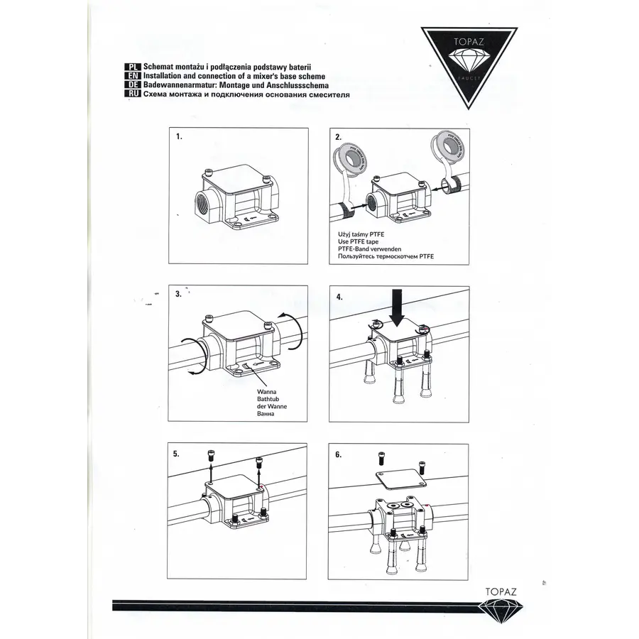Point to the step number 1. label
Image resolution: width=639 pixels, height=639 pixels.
click(x=180, y=136)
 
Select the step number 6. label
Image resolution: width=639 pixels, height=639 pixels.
click(x=339, y=454)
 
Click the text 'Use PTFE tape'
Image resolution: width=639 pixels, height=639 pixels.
click(x=359, y=241)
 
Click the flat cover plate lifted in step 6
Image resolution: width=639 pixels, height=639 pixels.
click(x=401, y=479)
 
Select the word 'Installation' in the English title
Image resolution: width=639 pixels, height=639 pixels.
click(x=165, y=75)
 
